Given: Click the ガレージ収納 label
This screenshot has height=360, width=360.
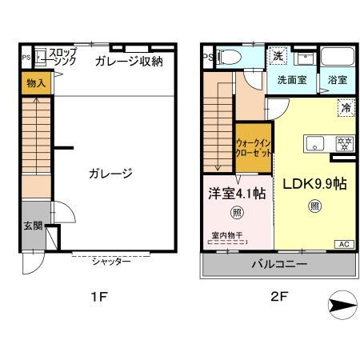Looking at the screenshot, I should coord(128,61).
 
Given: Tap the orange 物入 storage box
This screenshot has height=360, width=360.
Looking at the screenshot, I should coord(35,83).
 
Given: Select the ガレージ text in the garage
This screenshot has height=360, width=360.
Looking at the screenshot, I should coord(110,173).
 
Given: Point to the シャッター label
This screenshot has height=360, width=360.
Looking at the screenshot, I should coord(111,262).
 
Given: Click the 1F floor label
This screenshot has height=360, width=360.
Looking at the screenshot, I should coord(98,297).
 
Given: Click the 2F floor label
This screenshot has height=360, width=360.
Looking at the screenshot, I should coord(278,297).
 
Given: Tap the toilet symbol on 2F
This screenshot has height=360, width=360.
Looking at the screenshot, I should coord(227,57).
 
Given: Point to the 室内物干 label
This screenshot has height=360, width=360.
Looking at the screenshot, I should coord(229,236).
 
